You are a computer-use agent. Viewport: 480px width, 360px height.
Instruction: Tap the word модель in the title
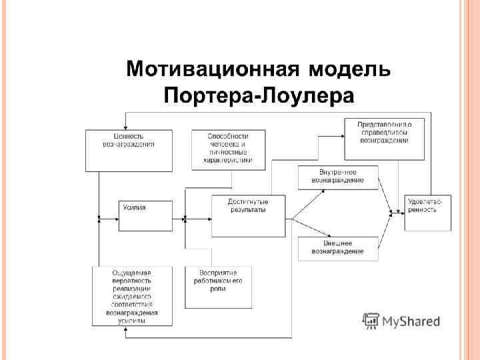tap(350, 69)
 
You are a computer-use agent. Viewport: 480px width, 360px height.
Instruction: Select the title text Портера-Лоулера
tap(259, 95)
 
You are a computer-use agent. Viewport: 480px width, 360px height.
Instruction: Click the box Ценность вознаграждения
tap(129, 150)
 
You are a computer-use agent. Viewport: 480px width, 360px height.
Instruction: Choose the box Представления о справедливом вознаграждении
tap(384, 139)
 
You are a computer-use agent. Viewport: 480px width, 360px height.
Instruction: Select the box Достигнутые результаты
tap(248, 215)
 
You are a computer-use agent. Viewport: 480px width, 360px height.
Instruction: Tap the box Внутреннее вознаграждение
tap(337, 177)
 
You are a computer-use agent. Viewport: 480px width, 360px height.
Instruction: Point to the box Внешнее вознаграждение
tap(337, 248)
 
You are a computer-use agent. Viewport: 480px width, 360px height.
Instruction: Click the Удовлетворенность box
tap(427, 213)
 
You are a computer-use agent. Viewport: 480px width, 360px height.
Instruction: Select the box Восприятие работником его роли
tap(218, 287)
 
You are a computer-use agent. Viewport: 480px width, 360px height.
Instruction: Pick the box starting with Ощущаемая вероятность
tap(132, 296)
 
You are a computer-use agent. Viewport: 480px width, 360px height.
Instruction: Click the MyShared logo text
tap(410, 322)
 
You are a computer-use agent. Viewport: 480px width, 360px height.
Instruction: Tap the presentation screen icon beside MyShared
tap(370, 321)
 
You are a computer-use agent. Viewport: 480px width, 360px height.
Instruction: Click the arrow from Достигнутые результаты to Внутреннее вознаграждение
tap(308, 203)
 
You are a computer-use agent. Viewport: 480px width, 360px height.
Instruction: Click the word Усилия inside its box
tap(134, 207)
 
